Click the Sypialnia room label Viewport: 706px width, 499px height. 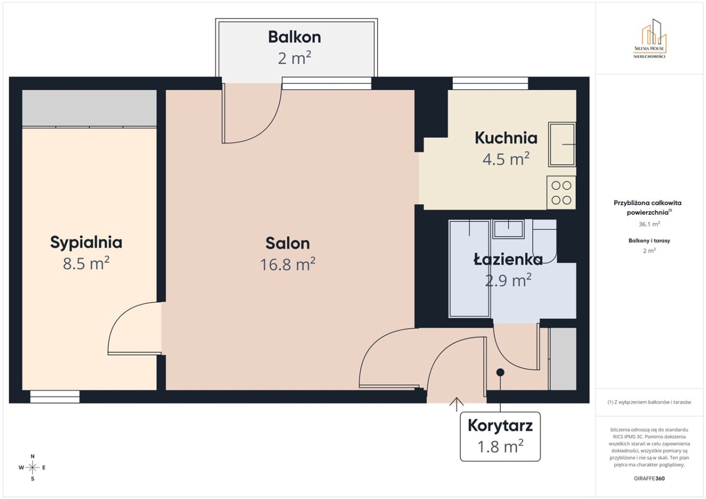(x=86, y=243)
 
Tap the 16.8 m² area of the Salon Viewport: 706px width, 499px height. (x=287, y=264)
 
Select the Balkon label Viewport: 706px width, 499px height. (x=295, y=37)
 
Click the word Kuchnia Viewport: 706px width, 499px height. (x=506, y=138)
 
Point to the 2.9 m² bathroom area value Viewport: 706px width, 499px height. (x=508, y=280)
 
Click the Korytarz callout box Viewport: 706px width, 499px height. (x=500, y=437)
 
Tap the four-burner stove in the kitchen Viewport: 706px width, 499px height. (x=561, y=192)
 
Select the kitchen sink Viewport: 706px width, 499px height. (x=562, y=144)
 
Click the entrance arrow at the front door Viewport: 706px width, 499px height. (x=456, y=405)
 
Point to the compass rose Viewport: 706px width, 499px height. (x=33, y=468)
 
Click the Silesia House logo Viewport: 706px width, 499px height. (x=650, y=39)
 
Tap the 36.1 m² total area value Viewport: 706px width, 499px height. (x=649, y=224)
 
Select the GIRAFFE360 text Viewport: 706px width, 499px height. (x=649, y=479)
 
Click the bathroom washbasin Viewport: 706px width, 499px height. (x=509, y=229)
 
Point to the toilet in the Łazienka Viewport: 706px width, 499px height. (x=544, y=241)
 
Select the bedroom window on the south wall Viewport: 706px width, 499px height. (x=55, y=396)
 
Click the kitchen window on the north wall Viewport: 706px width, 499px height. (x=490, y=83)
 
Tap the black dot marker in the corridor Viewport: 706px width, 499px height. (x=500, y=372)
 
